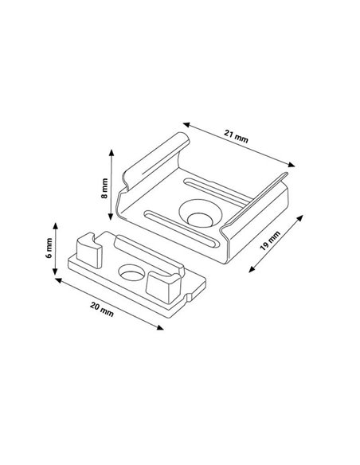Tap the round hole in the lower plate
[x=128, y=273]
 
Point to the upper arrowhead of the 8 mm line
[x=112, y=151]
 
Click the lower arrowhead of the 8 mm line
[x=112, y=221]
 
